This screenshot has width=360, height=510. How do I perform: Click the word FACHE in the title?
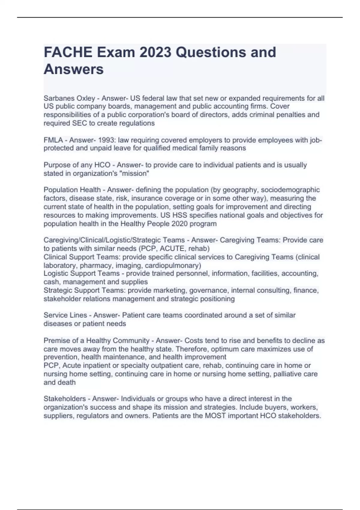click(x=68, y=52)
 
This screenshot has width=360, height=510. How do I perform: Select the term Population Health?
click(x=72, y=190)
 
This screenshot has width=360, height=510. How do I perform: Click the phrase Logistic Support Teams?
click(x=81, y=273)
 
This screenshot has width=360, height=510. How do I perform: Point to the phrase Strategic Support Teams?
click(x=84, y=290)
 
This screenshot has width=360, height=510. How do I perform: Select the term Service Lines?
click(x=65, y=315)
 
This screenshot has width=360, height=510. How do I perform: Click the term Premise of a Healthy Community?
click(x=96, y=340)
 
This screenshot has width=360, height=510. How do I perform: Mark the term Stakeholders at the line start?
click(x=64, y=399)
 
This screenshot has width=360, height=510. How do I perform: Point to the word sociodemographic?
click(x=290, y=190)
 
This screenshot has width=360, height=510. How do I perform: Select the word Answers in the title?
click(x=73, y=69)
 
